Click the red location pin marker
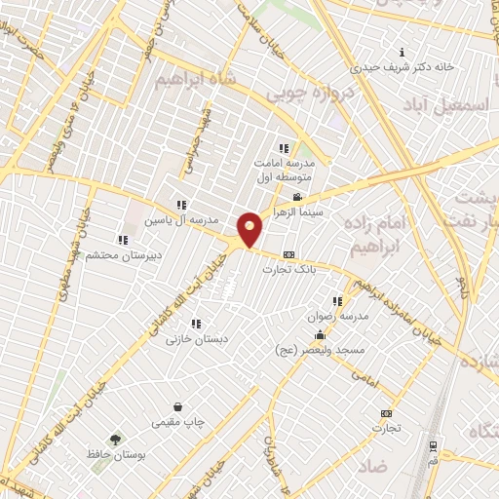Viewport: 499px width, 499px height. (x=250, y=230)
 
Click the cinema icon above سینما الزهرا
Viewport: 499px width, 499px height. (x=297, y=198)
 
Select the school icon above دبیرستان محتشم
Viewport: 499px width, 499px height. (x=122, y=240)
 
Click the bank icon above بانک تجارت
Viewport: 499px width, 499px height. (x=288, y=254)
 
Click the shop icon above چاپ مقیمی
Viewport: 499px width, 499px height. (x=177, y=407)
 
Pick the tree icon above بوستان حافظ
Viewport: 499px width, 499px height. (x=115, y=440)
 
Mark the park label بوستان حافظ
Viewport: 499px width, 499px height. (x=115, y=455)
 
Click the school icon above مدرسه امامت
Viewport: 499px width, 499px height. (x=284, y=148)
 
